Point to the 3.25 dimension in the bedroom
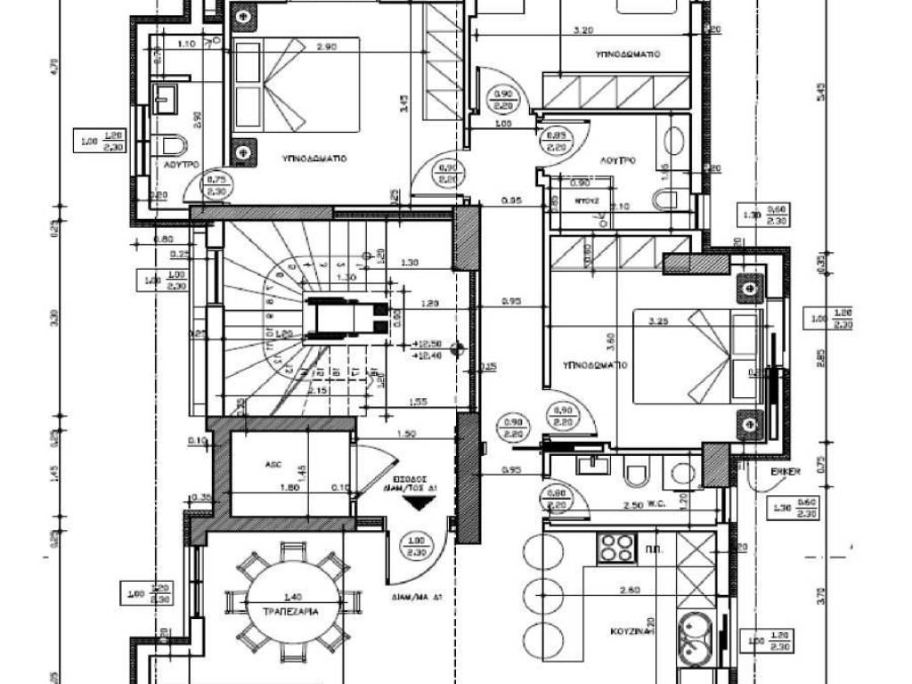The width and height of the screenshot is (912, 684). pyautogui.click(x=659, y=321)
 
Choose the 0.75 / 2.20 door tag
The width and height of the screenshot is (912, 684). pyautogui.click(x=216, y=184)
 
